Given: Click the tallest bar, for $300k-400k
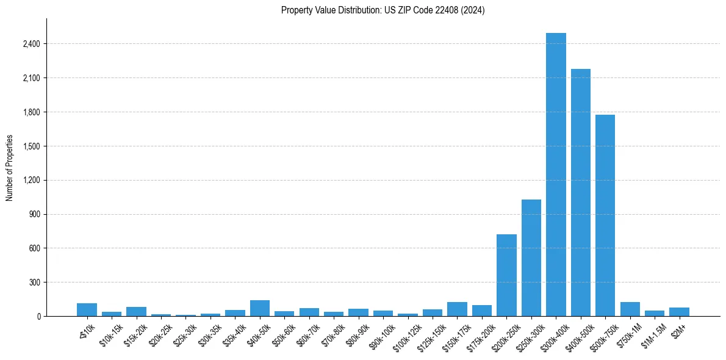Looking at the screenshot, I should point(556,175).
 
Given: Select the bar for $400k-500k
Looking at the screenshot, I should point(580,192).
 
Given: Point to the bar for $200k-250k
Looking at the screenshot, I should point(506,275).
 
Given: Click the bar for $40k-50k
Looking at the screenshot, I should point(260,308).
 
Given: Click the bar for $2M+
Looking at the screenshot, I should point(679,312).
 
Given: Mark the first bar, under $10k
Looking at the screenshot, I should point(87,310).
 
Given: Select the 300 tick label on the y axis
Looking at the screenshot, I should point(35,283).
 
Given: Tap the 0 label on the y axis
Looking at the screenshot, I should point(38,316).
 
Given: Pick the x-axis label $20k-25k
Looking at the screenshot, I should point(161,333).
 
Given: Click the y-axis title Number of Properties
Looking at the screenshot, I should point(10,167).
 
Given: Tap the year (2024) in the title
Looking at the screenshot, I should point(473,10).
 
